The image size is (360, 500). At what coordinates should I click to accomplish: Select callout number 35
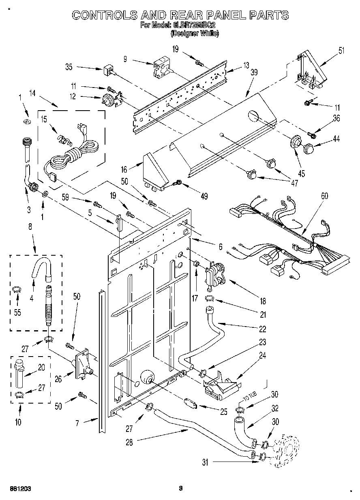pyautogui.click(x=69, y=67)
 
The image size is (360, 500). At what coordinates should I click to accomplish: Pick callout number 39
pyautogui.click(x=254, y=73)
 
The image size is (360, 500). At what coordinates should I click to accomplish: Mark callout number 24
pyautogui.click(x=262, y=356)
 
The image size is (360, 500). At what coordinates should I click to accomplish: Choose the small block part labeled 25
pyautogui.click(x=190, y=403)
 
